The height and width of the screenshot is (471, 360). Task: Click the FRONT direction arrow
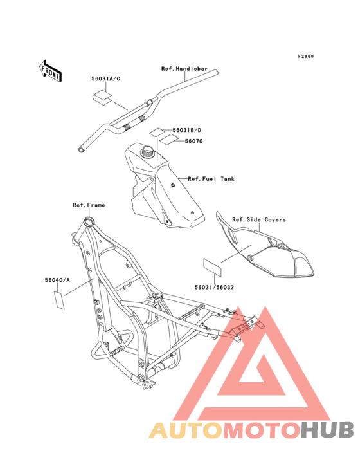pos(50,71)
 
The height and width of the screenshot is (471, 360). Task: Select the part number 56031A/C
pos(106,78)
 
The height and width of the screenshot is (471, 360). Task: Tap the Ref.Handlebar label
pos(184,69)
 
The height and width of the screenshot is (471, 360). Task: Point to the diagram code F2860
pos(306,56)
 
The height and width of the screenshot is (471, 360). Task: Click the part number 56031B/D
pos(187,130)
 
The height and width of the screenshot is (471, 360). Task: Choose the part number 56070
pos(194,141)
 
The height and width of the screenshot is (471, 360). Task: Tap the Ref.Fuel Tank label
pos(212,179)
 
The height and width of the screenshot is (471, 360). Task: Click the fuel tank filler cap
pos(147,150)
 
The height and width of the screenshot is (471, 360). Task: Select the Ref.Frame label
pos(89,205)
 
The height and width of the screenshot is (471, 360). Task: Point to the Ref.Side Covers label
pos(259,219)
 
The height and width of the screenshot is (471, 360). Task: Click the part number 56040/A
pos(57,280)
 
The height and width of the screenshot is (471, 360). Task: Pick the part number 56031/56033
pos(214,287)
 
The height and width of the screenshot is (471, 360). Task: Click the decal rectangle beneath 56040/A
pos(59,300)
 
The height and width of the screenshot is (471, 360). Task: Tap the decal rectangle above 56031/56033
pos(212,268)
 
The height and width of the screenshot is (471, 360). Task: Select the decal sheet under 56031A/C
pos(102,97)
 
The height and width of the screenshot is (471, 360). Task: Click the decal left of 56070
pos(168,140)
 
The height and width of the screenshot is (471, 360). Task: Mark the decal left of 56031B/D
pos(157,132)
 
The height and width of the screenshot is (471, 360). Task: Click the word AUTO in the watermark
pos(186,430)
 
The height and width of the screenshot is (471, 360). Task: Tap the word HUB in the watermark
pos(327,430)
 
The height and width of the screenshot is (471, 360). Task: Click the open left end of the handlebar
pos(82,149)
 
